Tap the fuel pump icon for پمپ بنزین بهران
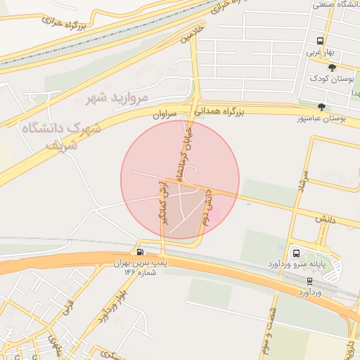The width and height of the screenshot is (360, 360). tap(141, 252)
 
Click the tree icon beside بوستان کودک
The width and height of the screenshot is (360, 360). tap(331, 67)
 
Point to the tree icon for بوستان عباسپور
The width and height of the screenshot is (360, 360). tap(321, 107)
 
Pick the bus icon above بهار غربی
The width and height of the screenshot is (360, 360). tap(320, 41)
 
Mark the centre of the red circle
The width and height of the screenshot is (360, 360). tap(180, 180)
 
